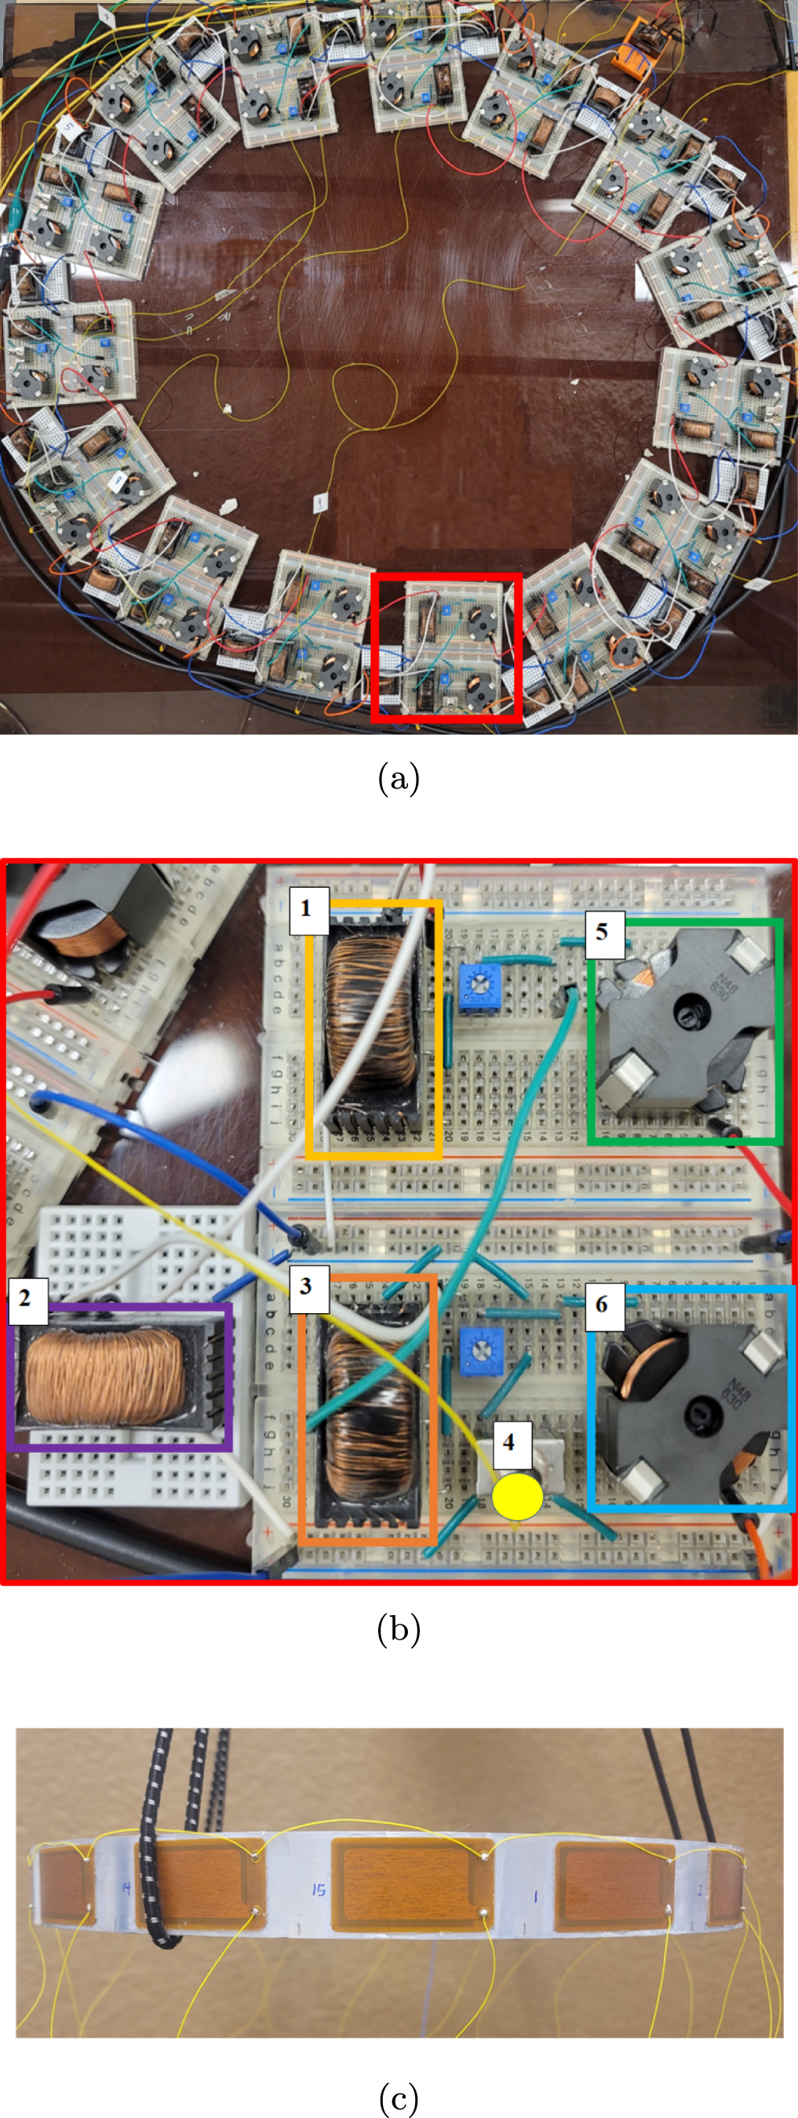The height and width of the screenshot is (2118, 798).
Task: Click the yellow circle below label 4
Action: coord(516,1497)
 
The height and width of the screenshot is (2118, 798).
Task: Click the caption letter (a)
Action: coord(398,778)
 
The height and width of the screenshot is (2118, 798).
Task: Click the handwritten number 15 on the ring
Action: coord(319,1891)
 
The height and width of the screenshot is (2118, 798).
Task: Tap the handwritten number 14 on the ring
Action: coord(125,1889)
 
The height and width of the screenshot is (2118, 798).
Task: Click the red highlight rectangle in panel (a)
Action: coord(446,577)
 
